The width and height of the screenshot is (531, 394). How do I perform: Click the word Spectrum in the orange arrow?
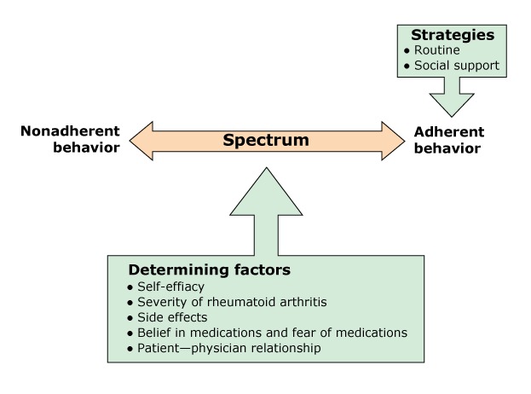[x=265, y=140]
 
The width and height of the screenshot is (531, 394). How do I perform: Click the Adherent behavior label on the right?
[x=448, y=140]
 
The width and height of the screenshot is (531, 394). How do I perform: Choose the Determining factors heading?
[x=209, y=270]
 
